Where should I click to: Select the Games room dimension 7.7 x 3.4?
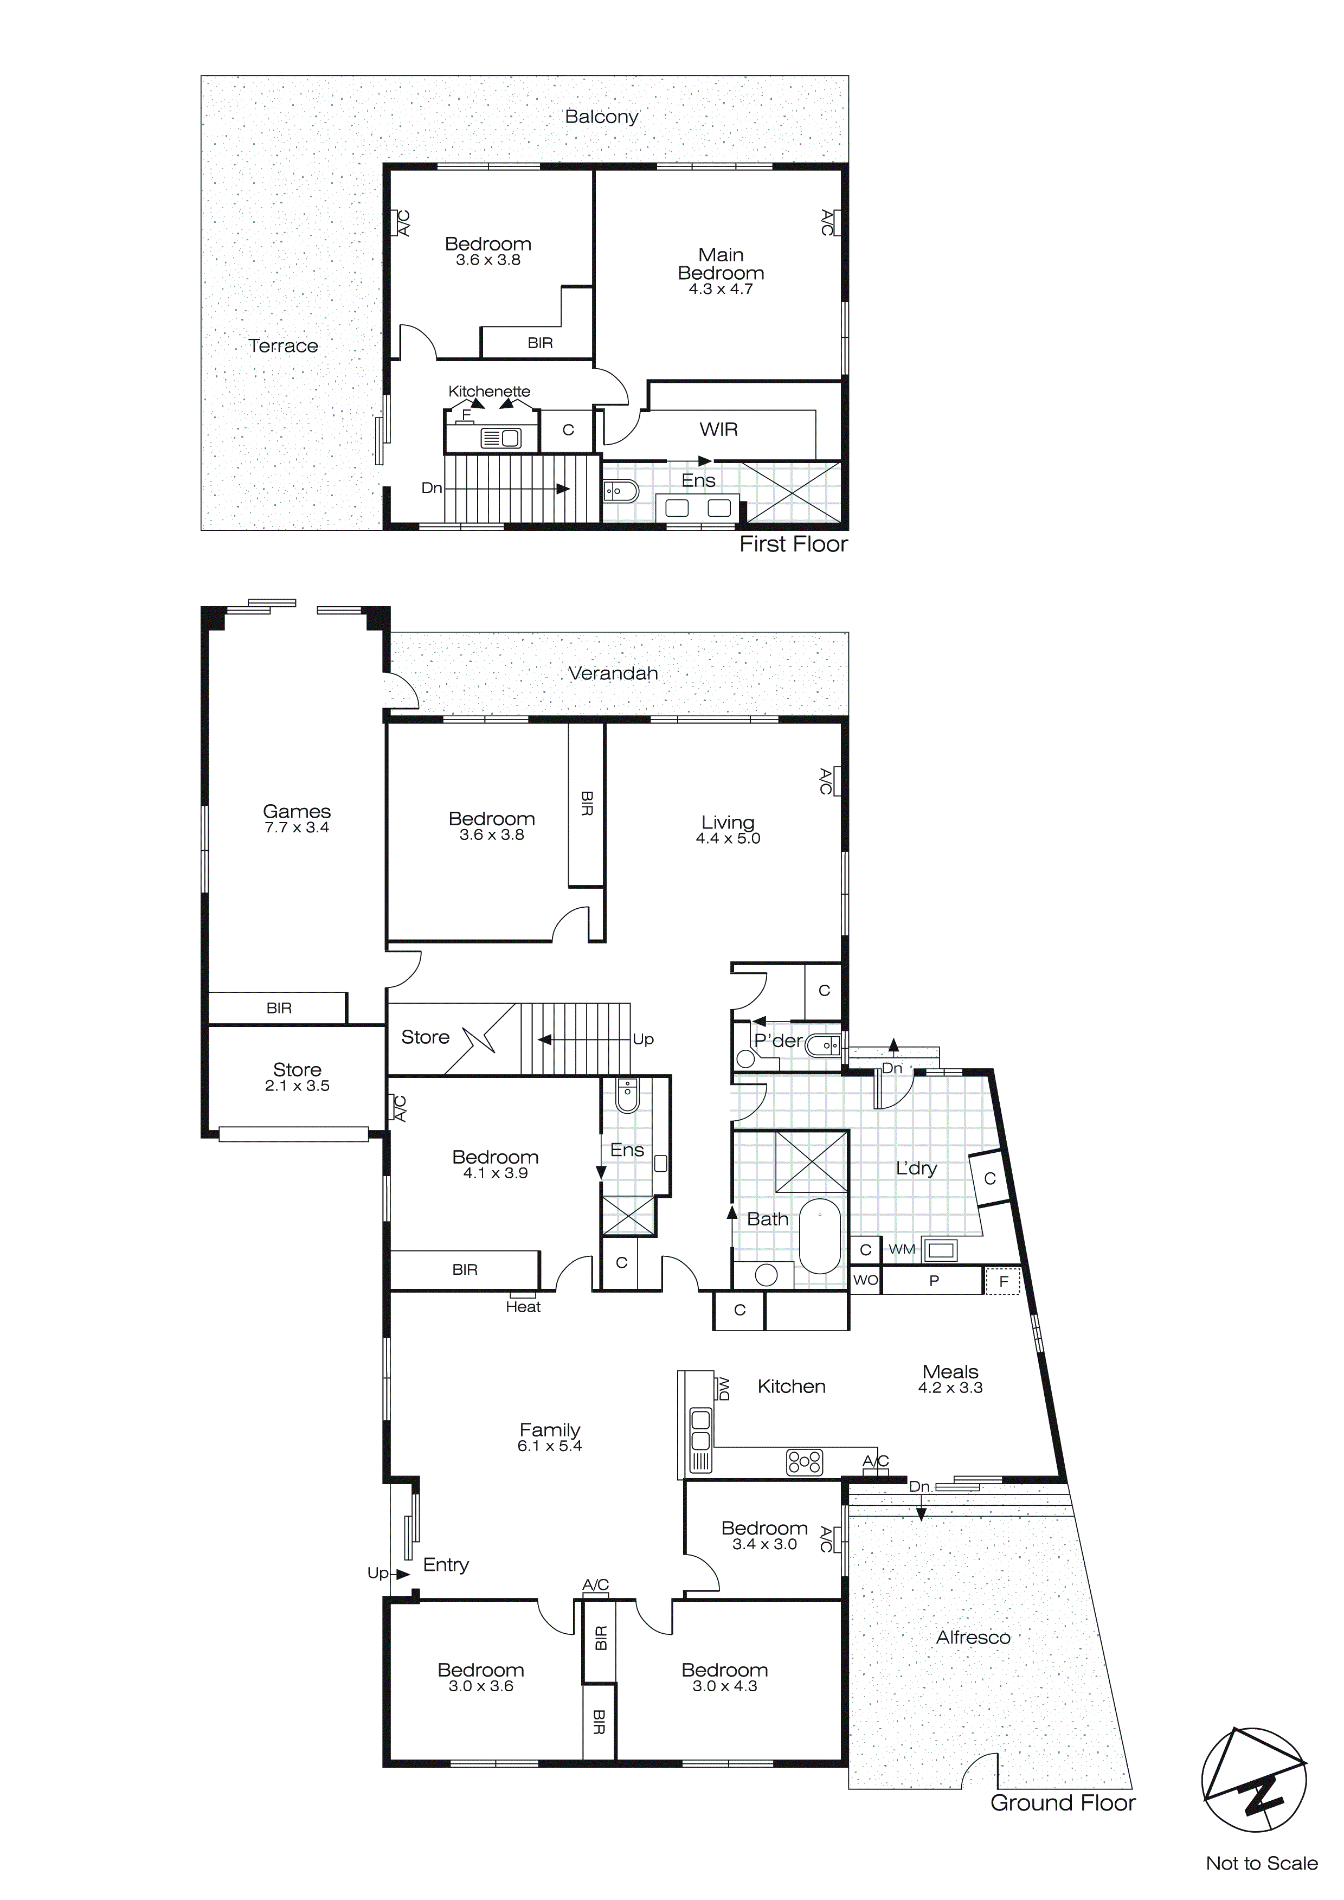pyautogui.click(x=297, y=827)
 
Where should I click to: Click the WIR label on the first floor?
pyautogui.click(x=718, y=429)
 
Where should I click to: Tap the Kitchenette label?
pyautogui.click(x=489, y=391)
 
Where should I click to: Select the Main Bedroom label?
pyautogui.click(x=721, y=264)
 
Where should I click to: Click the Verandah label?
pyautogui.click(x=613, y=673)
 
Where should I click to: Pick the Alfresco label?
pyautogui.click(x=973, y=1638)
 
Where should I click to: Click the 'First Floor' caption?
pyautogui.click(x=794, y=544)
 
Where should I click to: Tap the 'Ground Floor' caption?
pyautogui.click(x=1064, y=1803)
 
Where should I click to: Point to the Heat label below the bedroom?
pyautogui.click(x=523, y=1307)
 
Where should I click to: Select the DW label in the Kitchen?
pyautogui.click(x=724, y=1388)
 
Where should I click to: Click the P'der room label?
pyautogui.click(x=778, y=1041)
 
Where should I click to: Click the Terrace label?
pyautogui.click(x=283, y=346)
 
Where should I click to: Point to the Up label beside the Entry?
pyautogui.click(x=377, y=1573)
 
